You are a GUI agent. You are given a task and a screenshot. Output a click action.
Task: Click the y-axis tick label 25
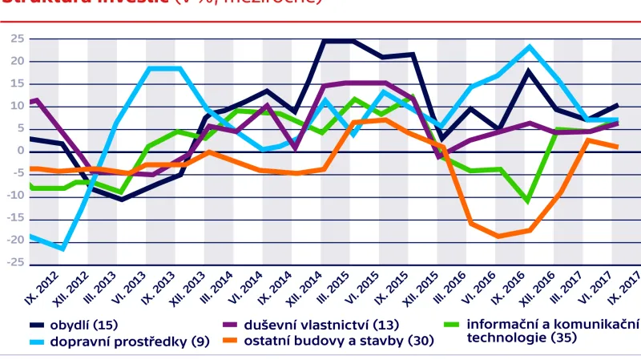coord(17,38)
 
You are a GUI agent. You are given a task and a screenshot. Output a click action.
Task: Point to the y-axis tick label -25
coord(15,262)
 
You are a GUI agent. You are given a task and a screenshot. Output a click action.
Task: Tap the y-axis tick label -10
coord(15,195)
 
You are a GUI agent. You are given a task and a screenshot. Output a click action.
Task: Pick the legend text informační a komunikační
coord(553,325)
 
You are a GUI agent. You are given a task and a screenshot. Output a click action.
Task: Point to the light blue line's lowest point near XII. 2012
coord(62,249)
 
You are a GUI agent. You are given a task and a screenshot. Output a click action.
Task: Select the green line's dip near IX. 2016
coord(526,200)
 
